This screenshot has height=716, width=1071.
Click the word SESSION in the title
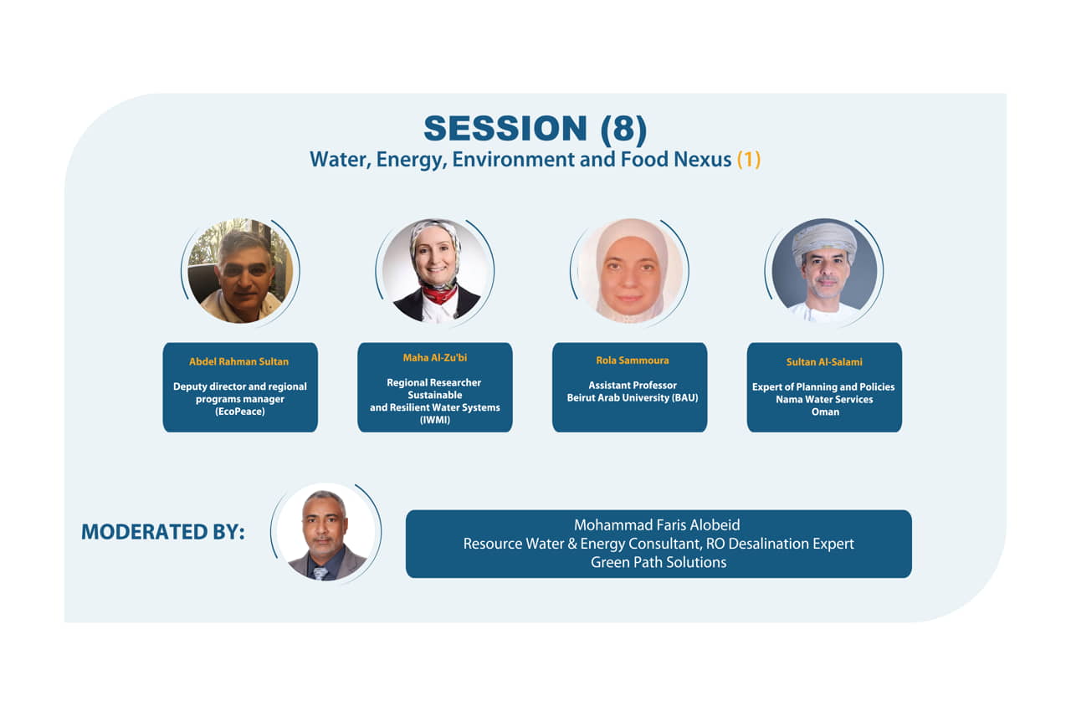(505, 128)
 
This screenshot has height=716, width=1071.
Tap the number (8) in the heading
(624, 129)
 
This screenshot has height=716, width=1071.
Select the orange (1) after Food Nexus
(749, 159)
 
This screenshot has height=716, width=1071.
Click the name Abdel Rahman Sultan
(239, 361)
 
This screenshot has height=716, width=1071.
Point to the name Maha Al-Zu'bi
(434, 357)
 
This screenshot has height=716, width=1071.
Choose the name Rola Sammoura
(632, 361)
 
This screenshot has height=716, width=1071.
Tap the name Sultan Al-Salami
(824, 362)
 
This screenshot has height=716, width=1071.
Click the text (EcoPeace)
(240, 412)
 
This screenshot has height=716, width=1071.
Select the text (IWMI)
(434, 420)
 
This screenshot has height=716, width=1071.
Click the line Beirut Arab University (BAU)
(633, 397)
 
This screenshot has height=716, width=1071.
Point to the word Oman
(825, 412)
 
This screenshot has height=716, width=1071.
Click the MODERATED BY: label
(163, 532)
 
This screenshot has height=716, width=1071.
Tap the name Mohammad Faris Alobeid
(657, 524)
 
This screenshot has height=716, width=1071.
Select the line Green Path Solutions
(658, 562)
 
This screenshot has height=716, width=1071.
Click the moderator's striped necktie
(320, 573)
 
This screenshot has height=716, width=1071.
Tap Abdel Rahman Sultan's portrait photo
(240, 271)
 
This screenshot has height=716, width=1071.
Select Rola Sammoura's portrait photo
(630, 271)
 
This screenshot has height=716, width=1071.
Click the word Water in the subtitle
(340, 160)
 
